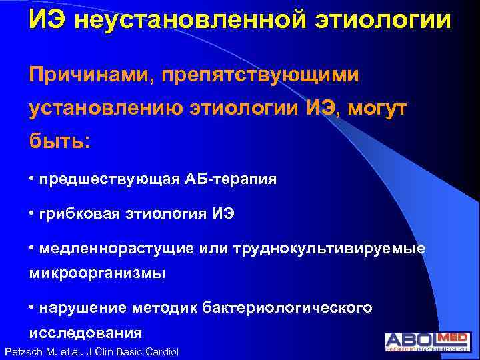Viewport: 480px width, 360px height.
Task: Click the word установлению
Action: [x=99, y=109]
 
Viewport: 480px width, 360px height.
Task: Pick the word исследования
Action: [x=85, y=331]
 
